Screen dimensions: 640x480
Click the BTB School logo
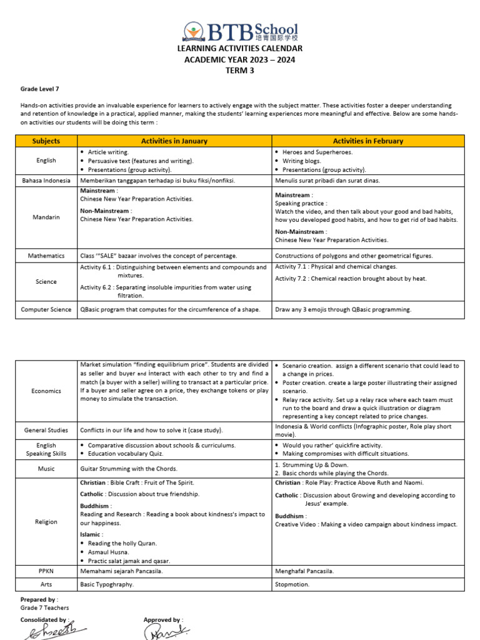(x=240, y=31)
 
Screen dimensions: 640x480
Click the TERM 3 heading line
(x=240, y=71)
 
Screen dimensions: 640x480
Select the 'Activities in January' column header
(x=174, y=141)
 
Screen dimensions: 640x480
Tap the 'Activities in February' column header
(x=367, y=141)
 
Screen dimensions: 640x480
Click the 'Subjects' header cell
(x=46, y=141)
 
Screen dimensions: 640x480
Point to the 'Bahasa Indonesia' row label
(x=46, y=181)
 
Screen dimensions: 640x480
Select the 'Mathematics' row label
(x=46, y=256)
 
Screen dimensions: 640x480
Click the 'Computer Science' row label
(x=46, y=309)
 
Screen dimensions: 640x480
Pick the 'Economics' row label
(x=46, y=391)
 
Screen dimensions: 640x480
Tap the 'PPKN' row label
(x=46, y=571)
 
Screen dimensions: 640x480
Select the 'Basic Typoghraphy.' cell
(x=107, y=585)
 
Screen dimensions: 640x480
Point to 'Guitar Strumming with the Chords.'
(x=129, y=469)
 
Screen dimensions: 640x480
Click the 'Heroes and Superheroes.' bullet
(x=317, y=152)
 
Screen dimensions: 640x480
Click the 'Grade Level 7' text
(x=40, y=89)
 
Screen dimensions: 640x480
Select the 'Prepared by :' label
(x=38, y=599)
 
